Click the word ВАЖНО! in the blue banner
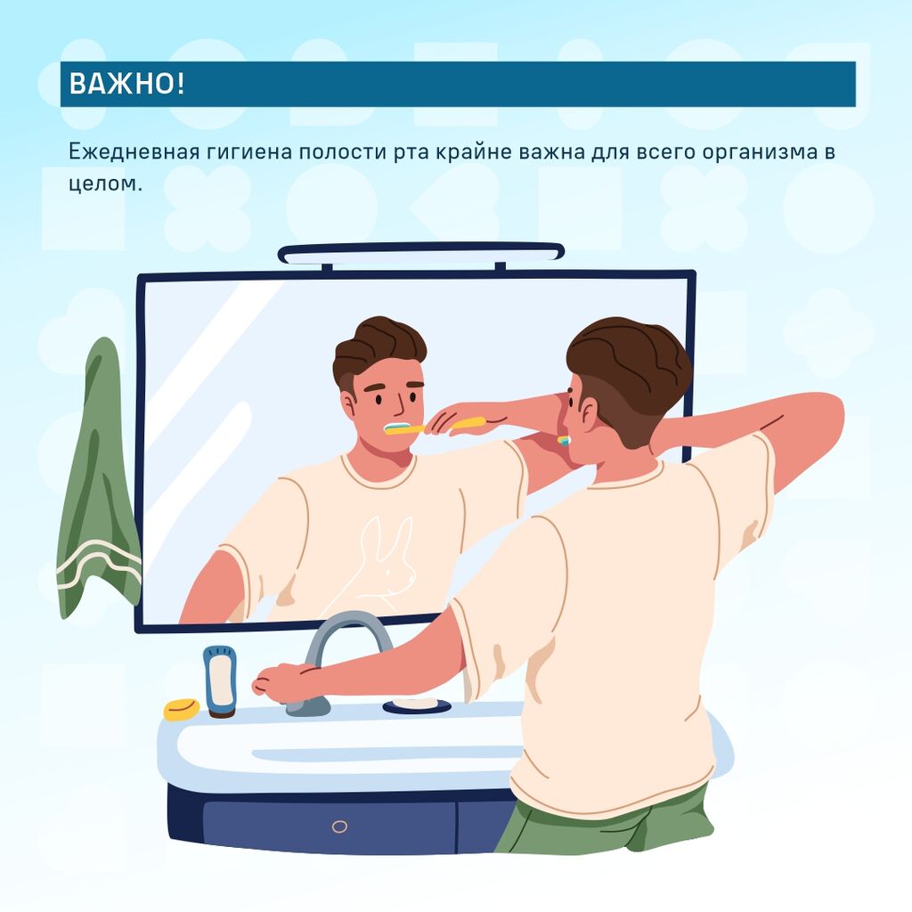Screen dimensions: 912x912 pos(126,84)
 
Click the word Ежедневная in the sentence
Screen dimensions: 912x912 pos(134,151)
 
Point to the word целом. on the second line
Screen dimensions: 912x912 pos(105,183)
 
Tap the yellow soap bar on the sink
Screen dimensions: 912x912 pos(181,709)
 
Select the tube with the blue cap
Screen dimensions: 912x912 pos(221,681)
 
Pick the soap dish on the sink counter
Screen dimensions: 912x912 pos(417,705)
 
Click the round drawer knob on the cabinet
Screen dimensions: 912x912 pos(339,826)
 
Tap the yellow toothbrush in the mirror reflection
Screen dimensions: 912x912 pos(434,427)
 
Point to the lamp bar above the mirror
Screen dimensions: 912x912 pos(421,255)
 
